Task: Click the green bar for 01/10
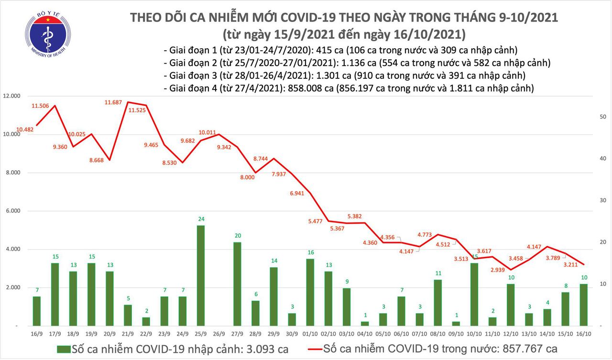pos(310,292)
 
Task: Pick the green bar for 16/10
pos(584,304)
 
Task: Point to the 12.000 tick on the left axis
pos(11,96)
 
